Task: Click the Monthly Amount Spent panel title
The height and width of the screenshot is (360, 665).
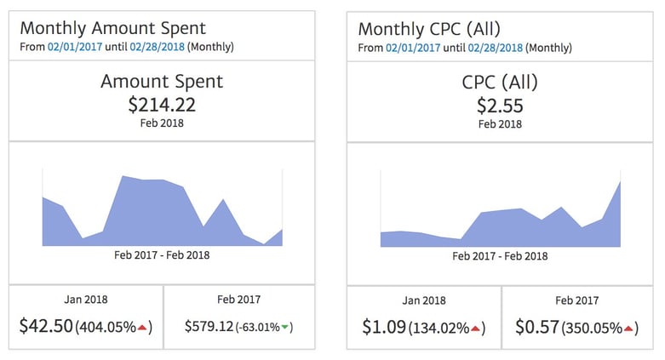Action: click(114, 29)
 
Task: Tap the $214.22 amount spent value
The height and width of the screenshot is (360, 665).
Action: click(162, 105)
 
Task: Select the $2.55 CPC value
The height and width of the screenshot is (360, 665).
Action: click(500, 105)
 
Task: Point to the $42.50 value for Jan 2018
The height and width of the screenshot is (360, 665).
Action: click(46, 326)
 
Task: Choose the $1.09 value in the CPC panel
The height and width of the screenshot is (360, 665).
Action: click(381, 326)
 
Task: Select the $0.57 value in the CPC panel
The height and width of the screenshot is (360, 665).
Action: click(537, 326)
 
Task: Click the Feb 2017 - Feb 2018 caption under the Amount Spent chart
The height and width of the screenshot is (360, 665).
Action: click(162, 254)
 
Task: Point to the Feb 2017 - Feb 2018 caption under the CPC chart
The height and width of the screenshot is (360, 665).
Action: click(500, 254)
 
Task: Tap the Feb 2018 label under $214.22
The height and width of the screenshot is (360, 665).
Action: click(162, 123)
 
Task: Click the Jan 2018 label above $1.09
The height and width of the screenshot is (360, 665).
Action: click(423, 300)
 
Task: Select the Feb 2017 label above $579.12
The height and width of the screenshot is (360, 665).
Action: click(238, 300)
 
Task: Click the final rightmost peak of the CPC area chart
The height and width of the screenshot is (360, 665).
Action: click(619, 182)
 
